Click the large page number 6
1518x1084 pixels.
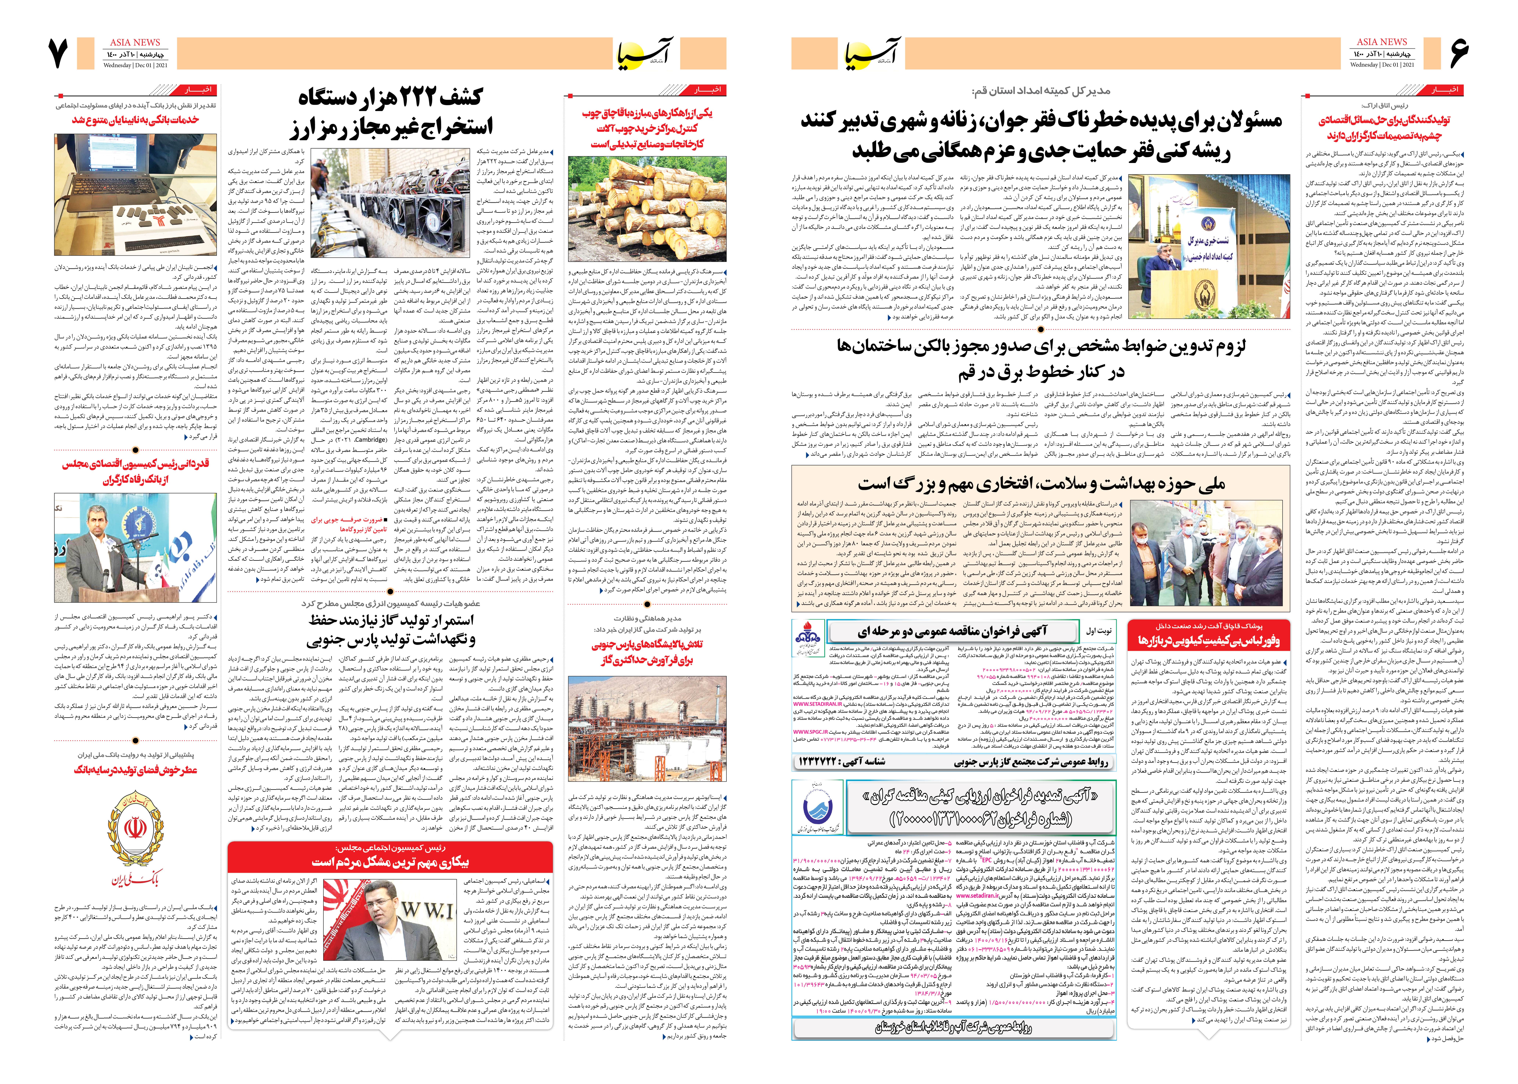(x=1459, y=53)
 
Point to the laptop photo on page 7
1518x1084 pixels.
(x=135, y=195)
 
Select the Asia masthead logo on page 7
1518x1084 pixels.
(x=645, y=52)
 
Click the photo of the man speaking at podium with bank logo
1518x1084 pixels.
(x=135, y=547)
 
